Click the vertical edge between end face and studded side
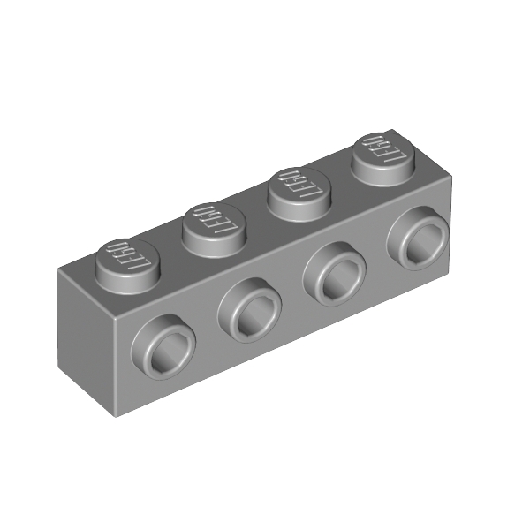pos(114,367)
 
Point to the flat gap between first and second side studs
pos(208,340)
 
